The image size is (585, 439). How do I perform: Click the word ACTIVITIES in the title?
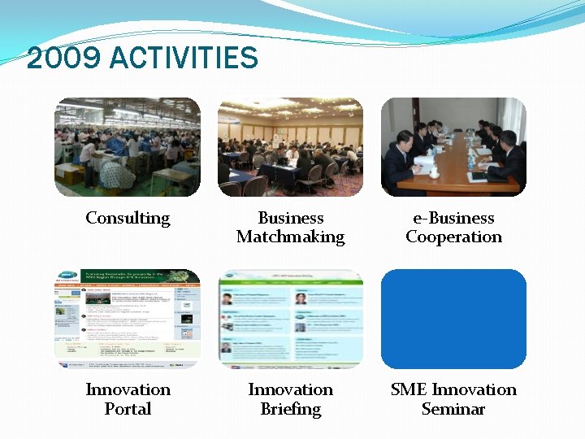click(x=183, y=59)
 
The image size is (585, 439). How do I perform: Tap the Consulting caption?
click(x=128, y=218)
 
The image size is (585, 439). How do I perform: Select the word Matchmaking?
click(x=290, y=237)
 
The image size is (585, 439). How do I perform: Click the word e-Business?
click(x=453, y=218)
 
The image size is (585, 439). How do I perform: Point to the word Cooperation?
click(x=453, y=237)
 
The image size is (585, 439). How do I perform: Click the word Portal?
click(x=128, y=408)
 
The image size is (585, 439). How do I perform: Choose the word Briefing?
click(x=290, y=409)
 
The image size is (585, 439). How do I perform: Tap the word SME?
click(x=409, y=389)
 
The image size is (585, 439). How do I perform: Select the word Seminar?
click(x=453, y=408)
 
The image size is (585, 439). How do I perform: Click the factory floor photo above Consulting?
click(x=128, y=147)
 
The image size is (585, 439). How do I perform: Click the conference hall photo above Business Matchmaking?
click(x=290, y=147)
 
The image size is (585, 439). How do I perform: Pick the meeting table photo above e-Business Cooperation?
click(x=453, y=147)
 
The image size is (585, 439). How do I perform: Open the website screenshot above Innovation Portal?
click(x=128, y=318)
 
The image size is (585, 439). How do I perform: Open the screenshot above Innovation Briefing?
click(x=290, y=318)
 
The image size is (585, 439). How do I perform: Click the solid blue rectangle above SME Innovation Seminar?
click(x=453, y=318)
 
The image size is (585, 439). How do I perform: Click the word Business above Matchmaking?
click(x=290, y=218)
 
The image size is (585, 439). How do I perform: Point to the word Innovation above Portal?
click(x=128, y=389)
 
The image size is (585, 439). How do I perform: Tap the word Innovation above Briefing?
click(x=290, y=389)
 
